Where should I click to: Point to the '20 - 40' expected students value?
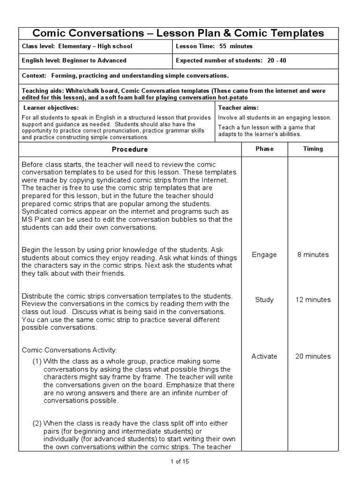[277, 60]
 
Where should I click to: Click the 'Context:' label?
[34, 75]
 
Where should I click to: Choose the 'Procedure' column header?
[130, 149]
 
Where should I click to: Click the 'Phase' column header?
[264, 149]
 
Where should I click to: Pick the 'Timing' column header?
[313, 149]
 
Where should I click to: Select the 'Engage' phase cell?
[264, 255]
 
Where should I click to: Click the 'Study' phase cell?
[264, 300]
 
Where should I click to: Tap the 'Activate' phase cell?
[264, 356]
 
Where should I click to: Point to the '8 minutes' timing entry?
[313, 255]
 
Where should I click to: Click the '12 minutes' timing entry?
[313, 300]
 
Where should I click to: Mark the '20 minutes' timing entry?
[313, 356]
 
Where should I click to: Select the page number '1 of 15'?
[180, 461]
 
